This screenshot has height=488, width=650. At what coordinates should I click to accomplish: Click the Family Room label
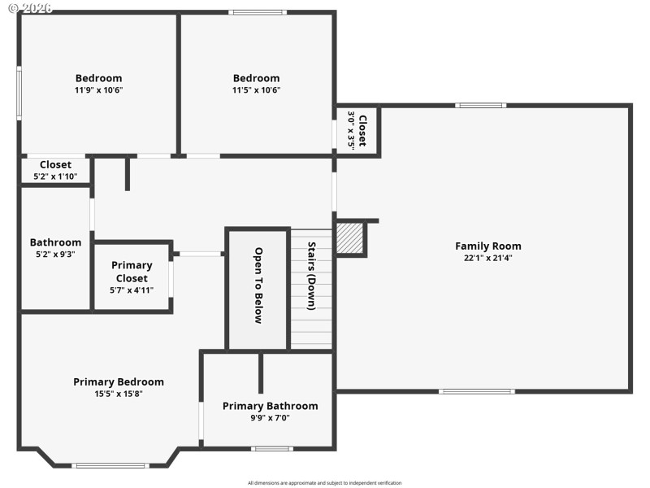pos(487,246)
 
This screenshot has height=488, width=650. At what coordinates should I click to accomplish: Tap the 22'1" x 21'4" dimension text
pos(487,258)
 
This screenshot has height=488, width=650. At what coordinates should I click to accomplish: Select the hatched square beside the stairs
pos(350,238)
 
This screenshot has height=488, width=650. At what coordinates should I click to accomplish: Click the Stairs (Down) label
pos(311,276)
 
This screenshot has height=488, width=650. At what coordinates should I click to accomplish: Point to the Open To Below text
pos(258,285)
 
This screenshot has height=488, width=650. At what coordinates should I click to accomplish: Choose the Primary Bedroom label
pos(119,381)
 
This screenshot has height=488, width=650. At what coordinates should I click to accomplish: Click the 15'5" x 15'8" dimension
pos(119,394)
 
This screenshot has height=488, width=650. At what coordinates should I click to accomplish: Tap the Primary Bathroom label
pos(270,406)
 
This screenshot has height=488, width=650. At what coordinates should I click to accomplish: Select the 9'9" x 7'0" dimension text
pos(270,418)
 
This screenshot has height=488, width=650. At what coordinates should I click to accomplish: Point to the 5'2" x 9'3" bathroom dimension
pos(55,254)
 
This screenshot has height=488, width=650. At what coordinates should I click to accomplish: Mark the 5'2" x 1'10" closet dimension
pos(55,176)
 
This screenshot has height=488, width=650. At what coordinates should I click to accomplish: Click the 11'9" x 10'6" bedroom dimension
pos(98,90)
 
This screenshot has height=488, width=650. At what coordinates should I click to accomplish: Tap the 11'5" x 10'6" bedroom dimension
pos(256,90)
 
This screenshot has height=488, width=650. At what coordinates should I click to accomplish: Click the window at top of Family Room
pos(480,105)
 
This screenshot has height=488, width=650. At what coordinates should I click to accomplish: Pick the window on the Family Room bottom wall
pos(476,391)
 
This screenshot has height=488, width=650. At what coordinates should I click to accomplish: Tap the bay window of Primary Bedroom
pos(110,465)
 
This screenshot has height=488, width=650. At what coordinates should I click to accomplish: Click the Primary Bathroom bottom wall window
pos(271,448)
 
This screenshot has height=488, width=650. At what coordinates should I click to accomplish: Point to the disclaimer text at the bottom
pos(324,482)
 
